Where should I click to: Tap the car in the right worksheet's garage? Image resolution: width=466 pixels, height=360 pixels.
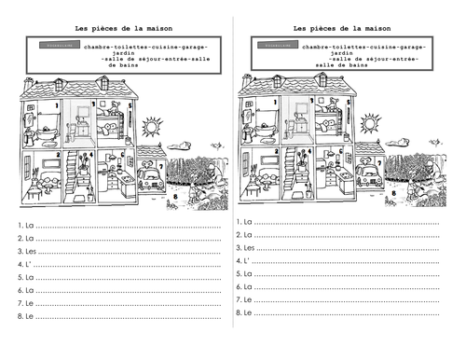[x=369, y=175]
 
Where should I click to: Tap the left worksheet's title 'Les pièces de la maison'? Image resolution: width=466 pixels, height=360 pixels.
[x=116, y=28]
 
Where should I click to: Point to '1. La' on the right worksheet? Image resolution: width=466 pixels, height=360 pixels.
[x=243, y=222]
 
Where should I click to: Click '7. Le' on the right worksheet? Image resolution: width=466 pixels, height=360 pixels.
[x=243, y=299]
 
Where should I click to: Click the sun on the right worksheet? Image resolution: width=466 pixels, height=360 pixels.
[x=370, y=123]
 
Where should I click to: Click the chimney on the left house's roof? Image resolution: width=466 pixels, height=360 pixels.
[x=29, y=83]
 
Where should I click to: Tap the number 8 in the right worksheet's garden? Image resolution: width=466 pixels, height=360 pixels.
[x=394, y=193]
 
